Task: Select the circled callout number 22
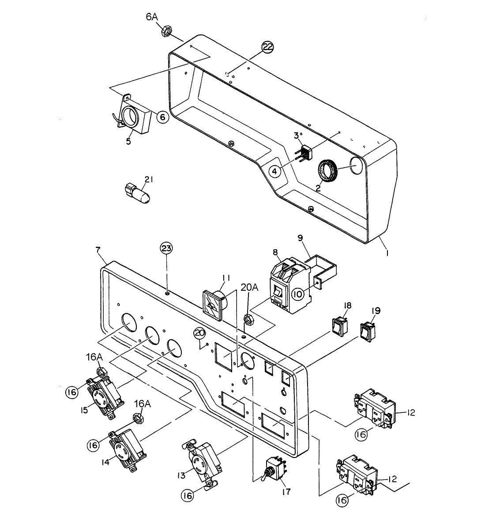[x=268, y=47]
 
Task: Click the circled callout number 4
[x=274, y=171]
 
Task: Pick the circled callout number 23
[x=166, y=249]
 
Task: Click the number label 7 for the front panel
[x=98, y=250]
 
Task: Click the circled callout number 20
[x=200, y=334]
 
